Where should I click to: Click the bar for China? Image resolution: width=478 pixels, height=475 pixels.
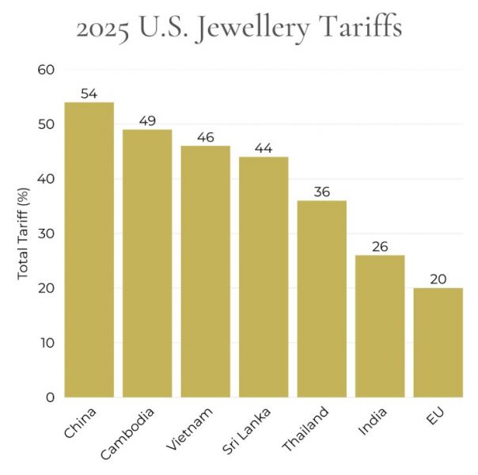coord(89,249)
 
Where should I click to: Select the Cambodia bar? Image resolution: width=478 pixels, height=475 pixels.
coord(147,263)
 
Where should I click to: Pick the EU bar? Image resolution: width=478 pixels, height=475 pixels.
coord(438,342)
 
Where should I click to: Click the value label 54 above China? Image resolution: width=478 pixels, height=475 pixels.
coord(89,93)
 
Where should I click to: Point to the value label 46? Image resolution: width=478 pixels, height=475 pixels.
coord(205,137)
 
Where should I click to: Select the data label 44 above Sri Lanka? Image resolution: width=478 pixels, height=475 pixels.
coord(264,148)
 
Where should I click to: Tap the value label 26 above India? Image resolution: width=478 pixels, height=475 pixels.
coord(380,247)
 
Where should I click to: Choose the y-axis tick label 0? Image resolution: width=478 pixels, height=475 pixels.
coord(49,397)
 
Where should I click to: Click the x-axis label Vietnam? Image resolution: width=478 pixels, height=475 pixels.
coord(192,430)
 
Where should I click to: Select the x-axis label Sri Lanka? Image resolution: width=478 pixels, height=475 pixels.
coord(248,433)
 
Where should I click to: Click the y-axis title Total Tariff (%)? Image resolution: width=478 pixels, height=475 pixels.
coord(23,234)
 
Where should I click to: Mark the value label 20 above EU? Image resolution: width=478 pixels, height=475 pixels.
coord(438,279)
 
